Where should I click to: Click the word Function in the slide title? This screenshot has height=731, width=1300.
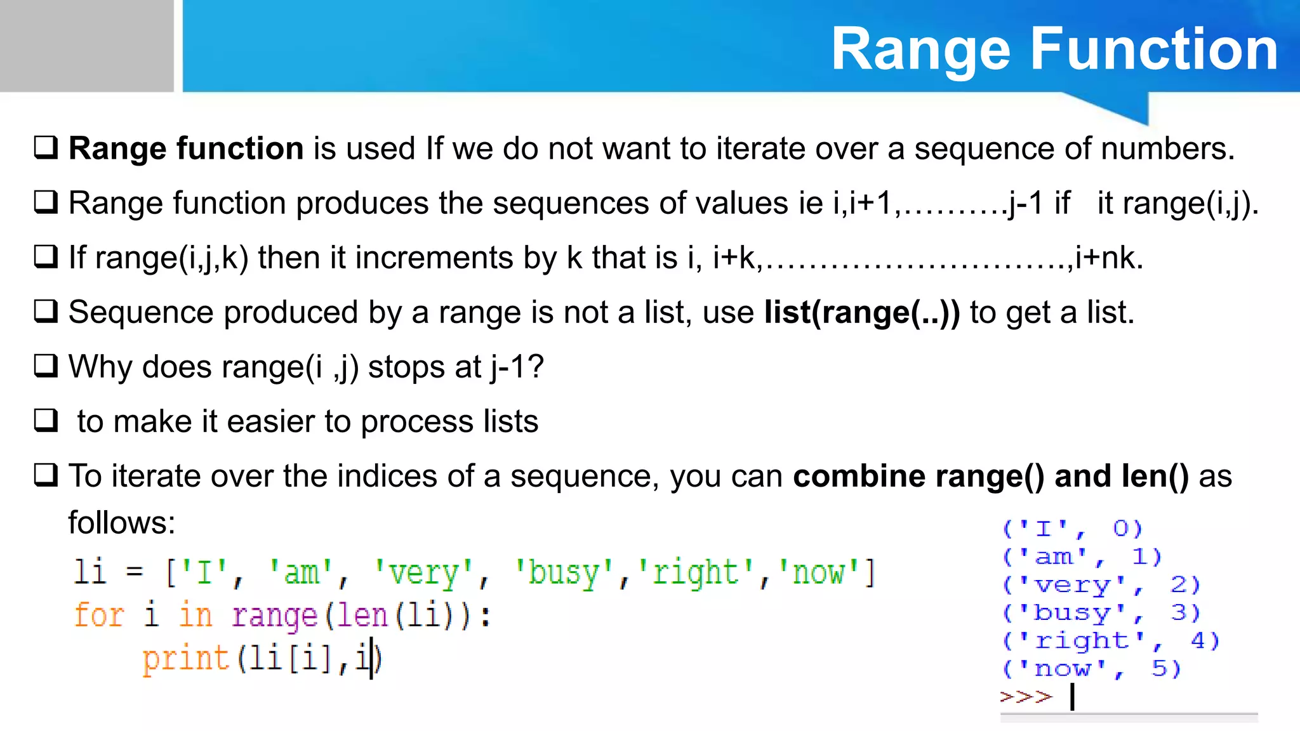click(1153, 49)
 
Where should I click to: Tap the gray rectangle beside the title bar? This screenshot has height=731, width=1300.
click(86, 46)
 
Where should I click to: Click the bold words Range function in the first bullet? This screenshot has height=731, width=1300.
click(186, 148)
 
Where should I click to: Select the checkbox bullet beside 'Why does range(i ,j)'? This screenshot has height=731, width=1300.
click(46, 366)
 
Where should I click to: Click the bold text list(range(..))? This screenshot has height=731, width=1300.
click(861, 312)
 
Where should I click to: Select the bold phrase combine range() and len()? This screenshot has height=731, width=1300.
click(990, 476)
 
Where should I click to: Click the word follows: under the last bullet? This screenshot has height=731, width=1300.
click(122, 523)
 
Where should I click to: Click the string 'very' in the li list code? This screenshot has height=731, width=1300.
click(423, 573)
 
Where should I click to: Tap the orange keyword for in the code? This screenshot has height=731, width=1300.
click(99, 616)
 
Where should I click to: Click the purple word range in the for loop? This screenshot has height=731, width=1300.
click(274, 616)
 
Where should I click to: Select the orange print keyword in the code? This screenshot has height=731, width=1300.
click(185, 659)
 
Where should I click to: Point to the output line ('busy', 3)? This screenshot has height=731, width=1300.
click(1101, 613)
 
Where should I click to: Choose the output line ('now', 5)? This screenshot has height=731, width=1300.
click(1091, 669)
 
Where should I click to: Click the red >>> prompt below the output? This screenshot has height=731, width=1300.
click(1026, 697)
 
